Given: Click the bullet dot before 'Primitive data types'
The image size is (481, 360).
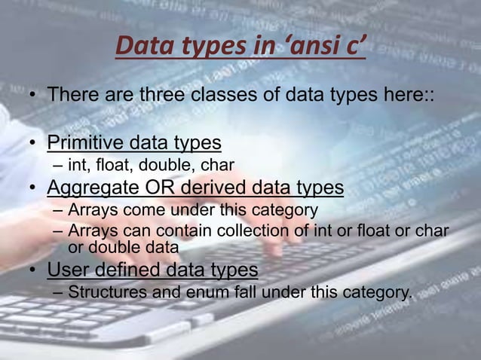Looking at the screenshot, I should (x=34, y=142).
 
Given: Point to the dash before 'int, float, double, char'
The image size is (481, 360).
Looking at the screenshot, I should (x=59, y=164).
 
